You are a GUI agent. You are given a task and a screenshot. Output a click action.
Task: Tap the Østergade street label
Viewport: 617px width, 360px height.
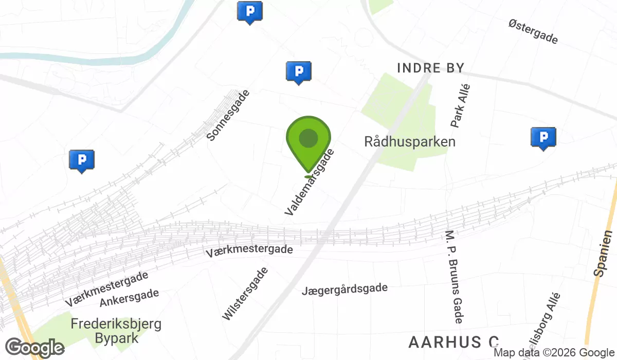click(x=533, y=31)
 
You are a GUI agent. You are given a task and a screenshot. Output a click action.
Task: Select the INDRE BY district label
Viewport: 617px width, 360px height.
click(x=431, y=68)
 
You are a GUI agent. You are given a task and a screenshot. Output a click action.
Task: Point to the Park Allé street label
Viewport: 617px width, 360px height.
click(x=461, y=106)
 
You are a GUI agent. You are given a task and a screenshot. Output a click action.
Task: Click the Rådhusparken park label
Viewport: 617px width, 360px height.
click(x=410, y=141)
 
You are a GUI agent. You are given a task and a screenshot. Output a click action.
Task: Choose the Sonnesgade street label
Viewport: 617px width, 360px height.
click(x=228, y=115)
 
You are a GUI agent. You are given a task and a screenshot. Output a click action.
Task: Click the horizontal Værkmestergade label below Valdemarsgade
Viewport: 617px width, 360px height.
click(x=249, y=251)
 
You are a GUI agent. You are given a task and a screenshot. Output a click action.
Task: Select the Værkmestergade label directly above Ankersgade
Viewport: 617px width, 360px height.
click(x=107, y=289)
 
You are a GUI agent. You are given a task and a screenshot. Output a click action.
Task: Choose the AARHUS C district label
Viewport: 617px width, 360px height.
click(x=453, y=342)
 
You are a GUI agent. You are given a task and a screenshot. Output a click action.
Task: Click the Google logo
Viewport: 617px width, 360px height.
click(x=34, y=348)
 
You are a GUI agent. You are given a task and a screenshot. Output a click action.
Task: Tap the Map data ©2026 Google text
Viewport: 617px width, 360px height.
click(x=554, y=353)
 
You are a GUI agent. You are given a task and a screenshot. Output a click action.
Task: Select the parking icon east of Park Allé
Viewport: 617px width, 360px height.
click(x=543, y=138)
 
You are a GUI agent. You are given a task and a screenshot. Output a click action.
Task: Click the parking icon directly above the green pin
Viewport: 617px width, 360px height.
click(x=298, y=72)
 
